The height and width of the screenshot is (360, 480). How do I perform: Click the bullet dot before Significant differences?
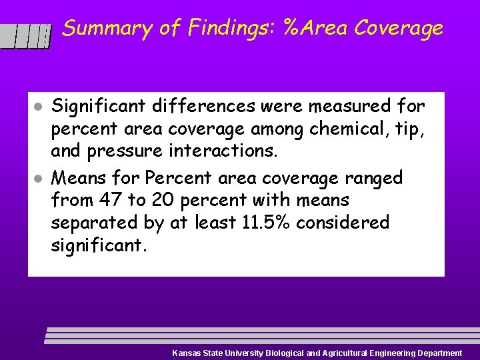pyautogui.click(x=39, y=107)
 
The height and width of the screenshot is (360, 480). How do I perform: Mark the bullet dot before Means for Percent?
pyautogui.click(x=39, y=179)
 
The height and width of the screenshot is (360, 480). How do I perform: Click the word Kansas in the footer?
pyautogui.click(x=187, y=353)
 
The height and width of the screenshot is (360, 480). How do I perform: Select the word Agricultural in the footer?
pyautogui.click(x=345, y=353)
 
